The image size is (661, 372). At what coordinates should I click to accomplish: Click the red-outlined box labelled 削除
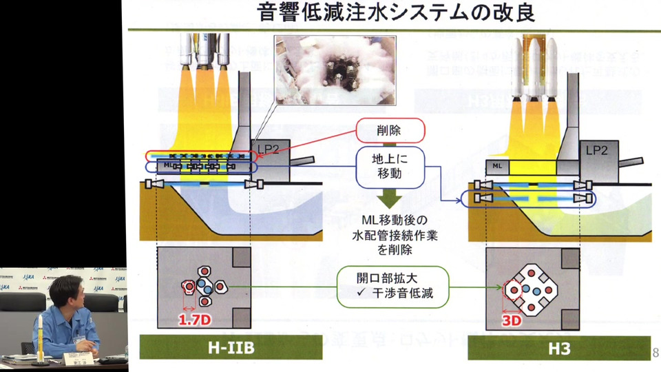389,129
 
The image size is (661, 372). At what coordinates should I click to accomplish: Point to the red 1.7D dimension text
193,320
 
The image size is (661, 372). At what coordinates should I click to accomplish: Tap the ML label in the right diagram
497,166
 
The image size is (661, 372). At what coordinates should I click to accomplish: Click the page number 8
655,353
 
